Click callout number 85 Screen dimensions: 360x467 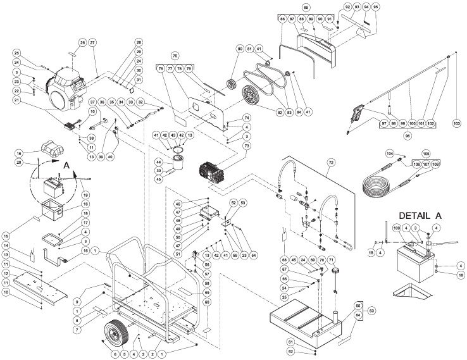[x=306, y=7]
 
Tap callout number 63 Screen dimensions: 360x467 [x=371, y=311]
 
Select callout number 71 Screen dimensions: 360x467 [x=331, y=260]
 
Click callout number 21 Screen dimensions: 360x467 [x=17, y=100]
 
